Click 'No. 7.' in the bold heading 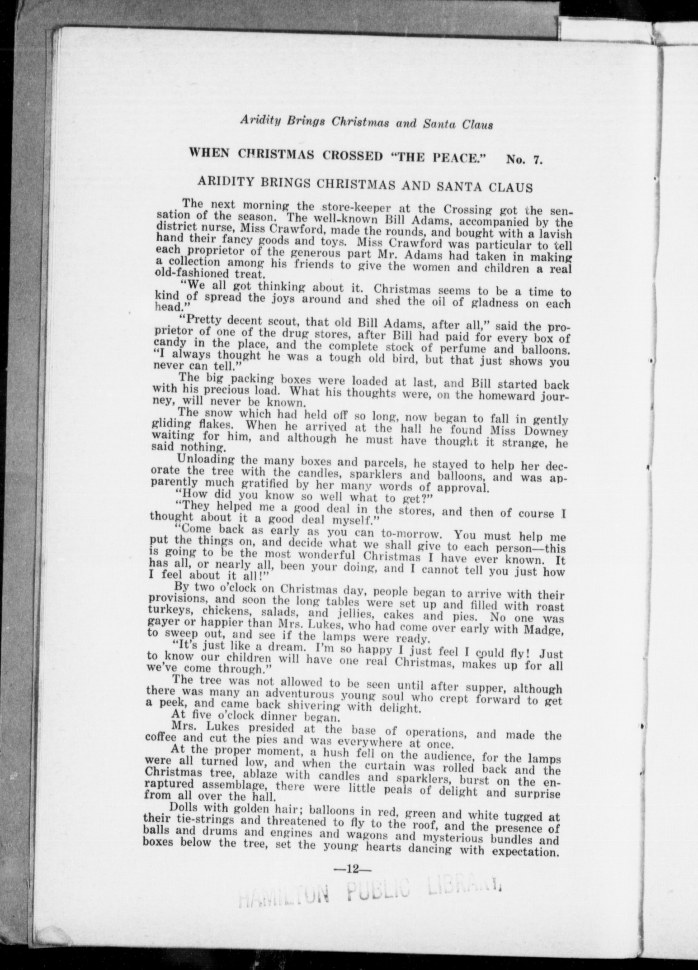524,159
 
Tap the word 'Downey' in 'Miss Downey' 546,431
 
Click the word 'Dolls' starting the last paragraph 183,806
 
